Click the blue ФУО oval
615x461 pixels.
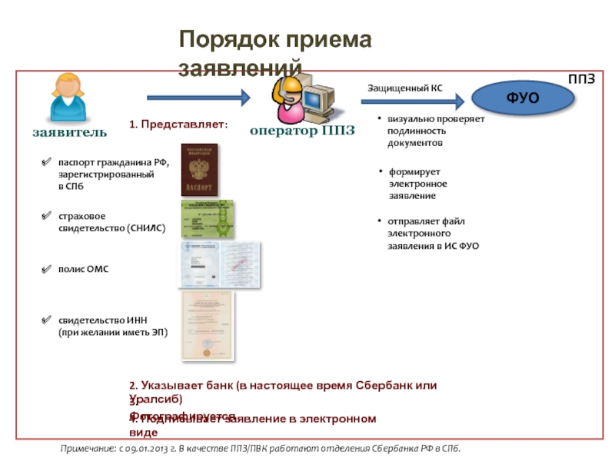523,98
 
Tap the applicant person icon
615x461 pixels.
68,98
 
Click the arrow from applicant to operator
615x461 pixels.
198,98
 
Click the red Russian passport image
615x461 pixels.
199,170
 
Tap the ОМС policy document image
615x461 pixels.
219,265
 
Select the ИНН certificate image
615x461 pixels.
206,324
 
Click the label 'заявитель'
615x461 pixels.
69,131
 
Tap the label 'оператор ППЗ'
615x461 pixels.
302,131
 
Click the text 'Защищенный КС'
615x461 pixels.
404,88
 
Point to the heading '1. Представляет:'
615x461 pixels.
178,124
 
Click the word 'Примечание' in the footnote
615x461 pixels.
89,449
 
